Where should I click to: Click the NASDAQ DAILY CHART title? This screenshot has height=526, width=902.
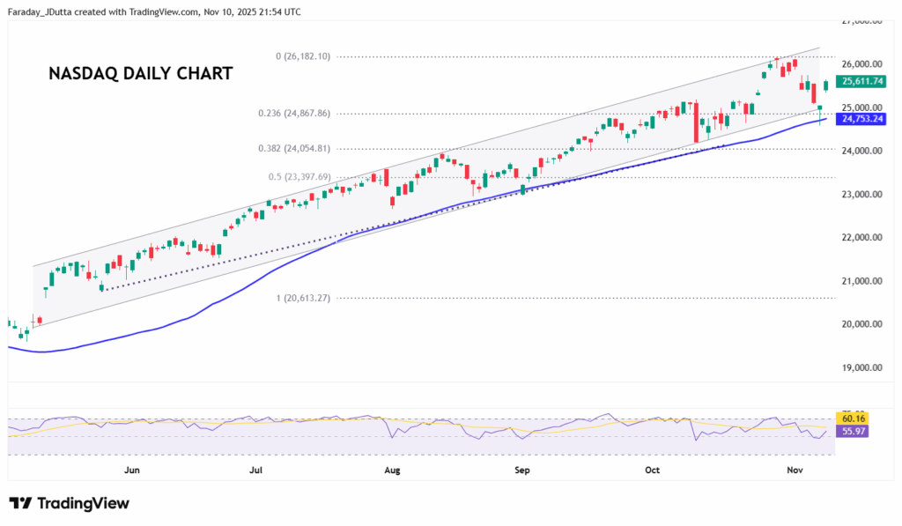pos(140,74)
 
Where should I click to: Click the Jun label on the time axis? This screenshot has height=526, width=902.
pos(132,470)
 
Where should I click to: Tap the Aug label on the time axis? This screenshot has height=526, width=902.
pos(393,470)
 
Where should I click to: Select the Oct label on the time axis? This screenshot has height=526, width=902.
pos(652,470)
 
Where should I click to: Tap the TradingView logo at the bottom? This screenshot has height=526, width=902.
pos(70,503)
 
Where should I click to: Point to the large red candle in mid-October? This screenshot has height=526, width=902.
pos(696,122)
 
